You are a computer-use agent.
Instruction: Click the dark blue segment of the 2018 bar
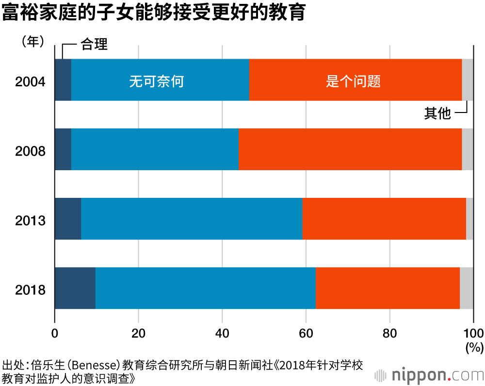click(x=75, y=288)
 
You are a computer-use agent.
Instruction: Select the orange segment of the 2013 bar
click(x=384, y=219)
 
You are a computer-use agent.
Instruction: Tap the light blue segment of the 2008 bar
click(x=155, y=149)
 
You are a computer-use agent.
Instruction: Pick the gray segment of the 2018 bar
click(x=466, y=288)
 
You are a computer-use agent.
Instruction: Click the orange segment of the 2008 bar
click(x=350, y=149)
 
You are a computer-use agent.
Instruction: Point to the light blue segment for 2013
click(x=192, y=219)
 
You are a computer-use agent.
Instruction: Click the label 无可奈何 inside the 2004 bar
click(x=156, y=80)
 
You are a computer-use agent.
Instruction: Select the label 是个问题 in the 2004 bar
click(x=353, y=80)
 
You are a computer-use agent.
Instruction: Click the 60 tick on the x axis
click(x=306, y=334)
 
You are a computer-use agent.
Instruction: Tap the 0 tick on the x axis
click(x=55, y=334)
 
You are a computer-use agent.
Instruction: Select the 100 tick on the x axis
click(x=473, y=334)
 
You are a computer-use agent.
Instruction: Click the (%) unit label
click(x=474, y=348)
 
